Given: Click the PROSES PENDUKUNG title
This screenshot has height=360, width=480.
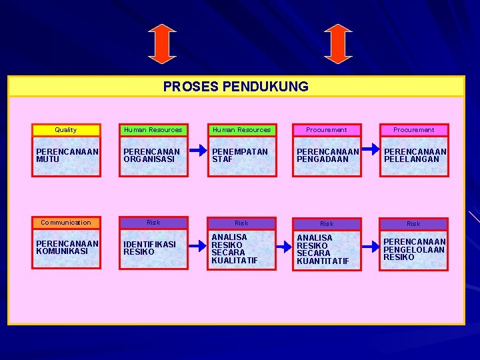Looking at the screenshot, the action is click(x=236, y=87).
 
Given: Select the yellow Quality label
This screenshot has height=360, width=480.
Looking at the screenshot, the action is click(x=66, y=130).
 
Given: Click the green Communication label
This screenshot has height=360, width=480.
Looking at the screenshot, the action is click(x=66, y=223).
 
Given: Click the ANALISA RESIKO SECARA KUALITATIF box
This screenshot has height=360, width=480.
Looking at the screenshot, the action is click(x=242, y=249).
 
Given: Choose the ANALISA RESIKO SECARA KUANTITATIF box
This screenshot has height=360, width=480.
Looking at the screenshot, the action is click(x=327, y=251).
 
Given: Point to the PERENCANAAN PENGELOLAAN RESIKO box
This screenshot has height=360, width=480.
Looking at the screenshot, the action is click(x=414, y=251).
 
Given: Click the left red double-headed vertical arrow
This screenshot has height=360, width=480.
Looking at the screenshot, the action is click(x=162, y=44).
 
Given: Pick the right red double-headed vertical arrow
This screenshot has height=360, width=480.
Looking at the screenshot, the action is click(x=338, y=44).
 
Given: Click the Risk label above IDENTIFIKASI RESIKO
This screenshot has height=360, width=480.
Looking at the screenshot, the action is click(x=153, y=223).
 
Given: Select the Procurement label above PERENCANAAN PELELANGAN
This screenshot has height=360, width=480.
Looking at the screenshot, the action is click(x=413, y=130).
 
